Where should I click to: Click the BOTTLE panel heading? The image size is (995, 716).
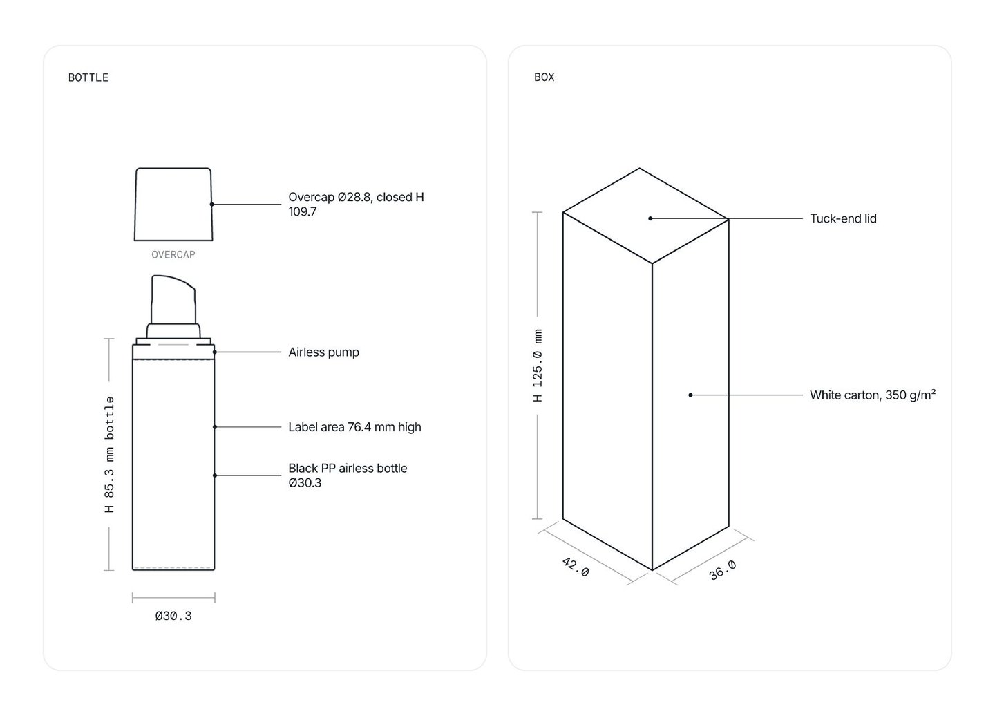pyautogui.click(x=88, y=77)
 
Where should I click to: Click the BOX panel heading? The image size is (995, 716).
pyautogui.click(x=544, y=77)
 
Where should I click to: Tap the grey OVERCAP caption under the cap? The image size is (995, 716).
pyautogui.click(x=173, y=254)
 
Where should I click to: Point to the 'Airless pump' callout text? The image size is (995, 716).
pyautogui.click(x=323, y=352)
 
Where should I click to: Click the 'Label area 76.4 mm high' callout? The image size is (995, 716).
pyautogui.click(x=354, y=427)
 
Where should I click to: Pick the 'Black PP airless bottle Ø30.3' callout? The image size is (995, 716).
pyautogui.click(x=348, y=475)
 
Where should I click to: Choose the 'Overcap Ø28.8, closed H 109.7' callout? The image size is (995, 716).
pyautogui.click(x=356, y=205)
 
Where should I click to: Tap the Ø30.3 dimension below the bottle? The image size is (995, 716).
pyautogui.click(x=173, y=616)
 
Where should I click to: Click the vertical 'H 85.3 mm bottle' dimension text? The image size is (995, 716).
pyautogui.click(x=109, y=454)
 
